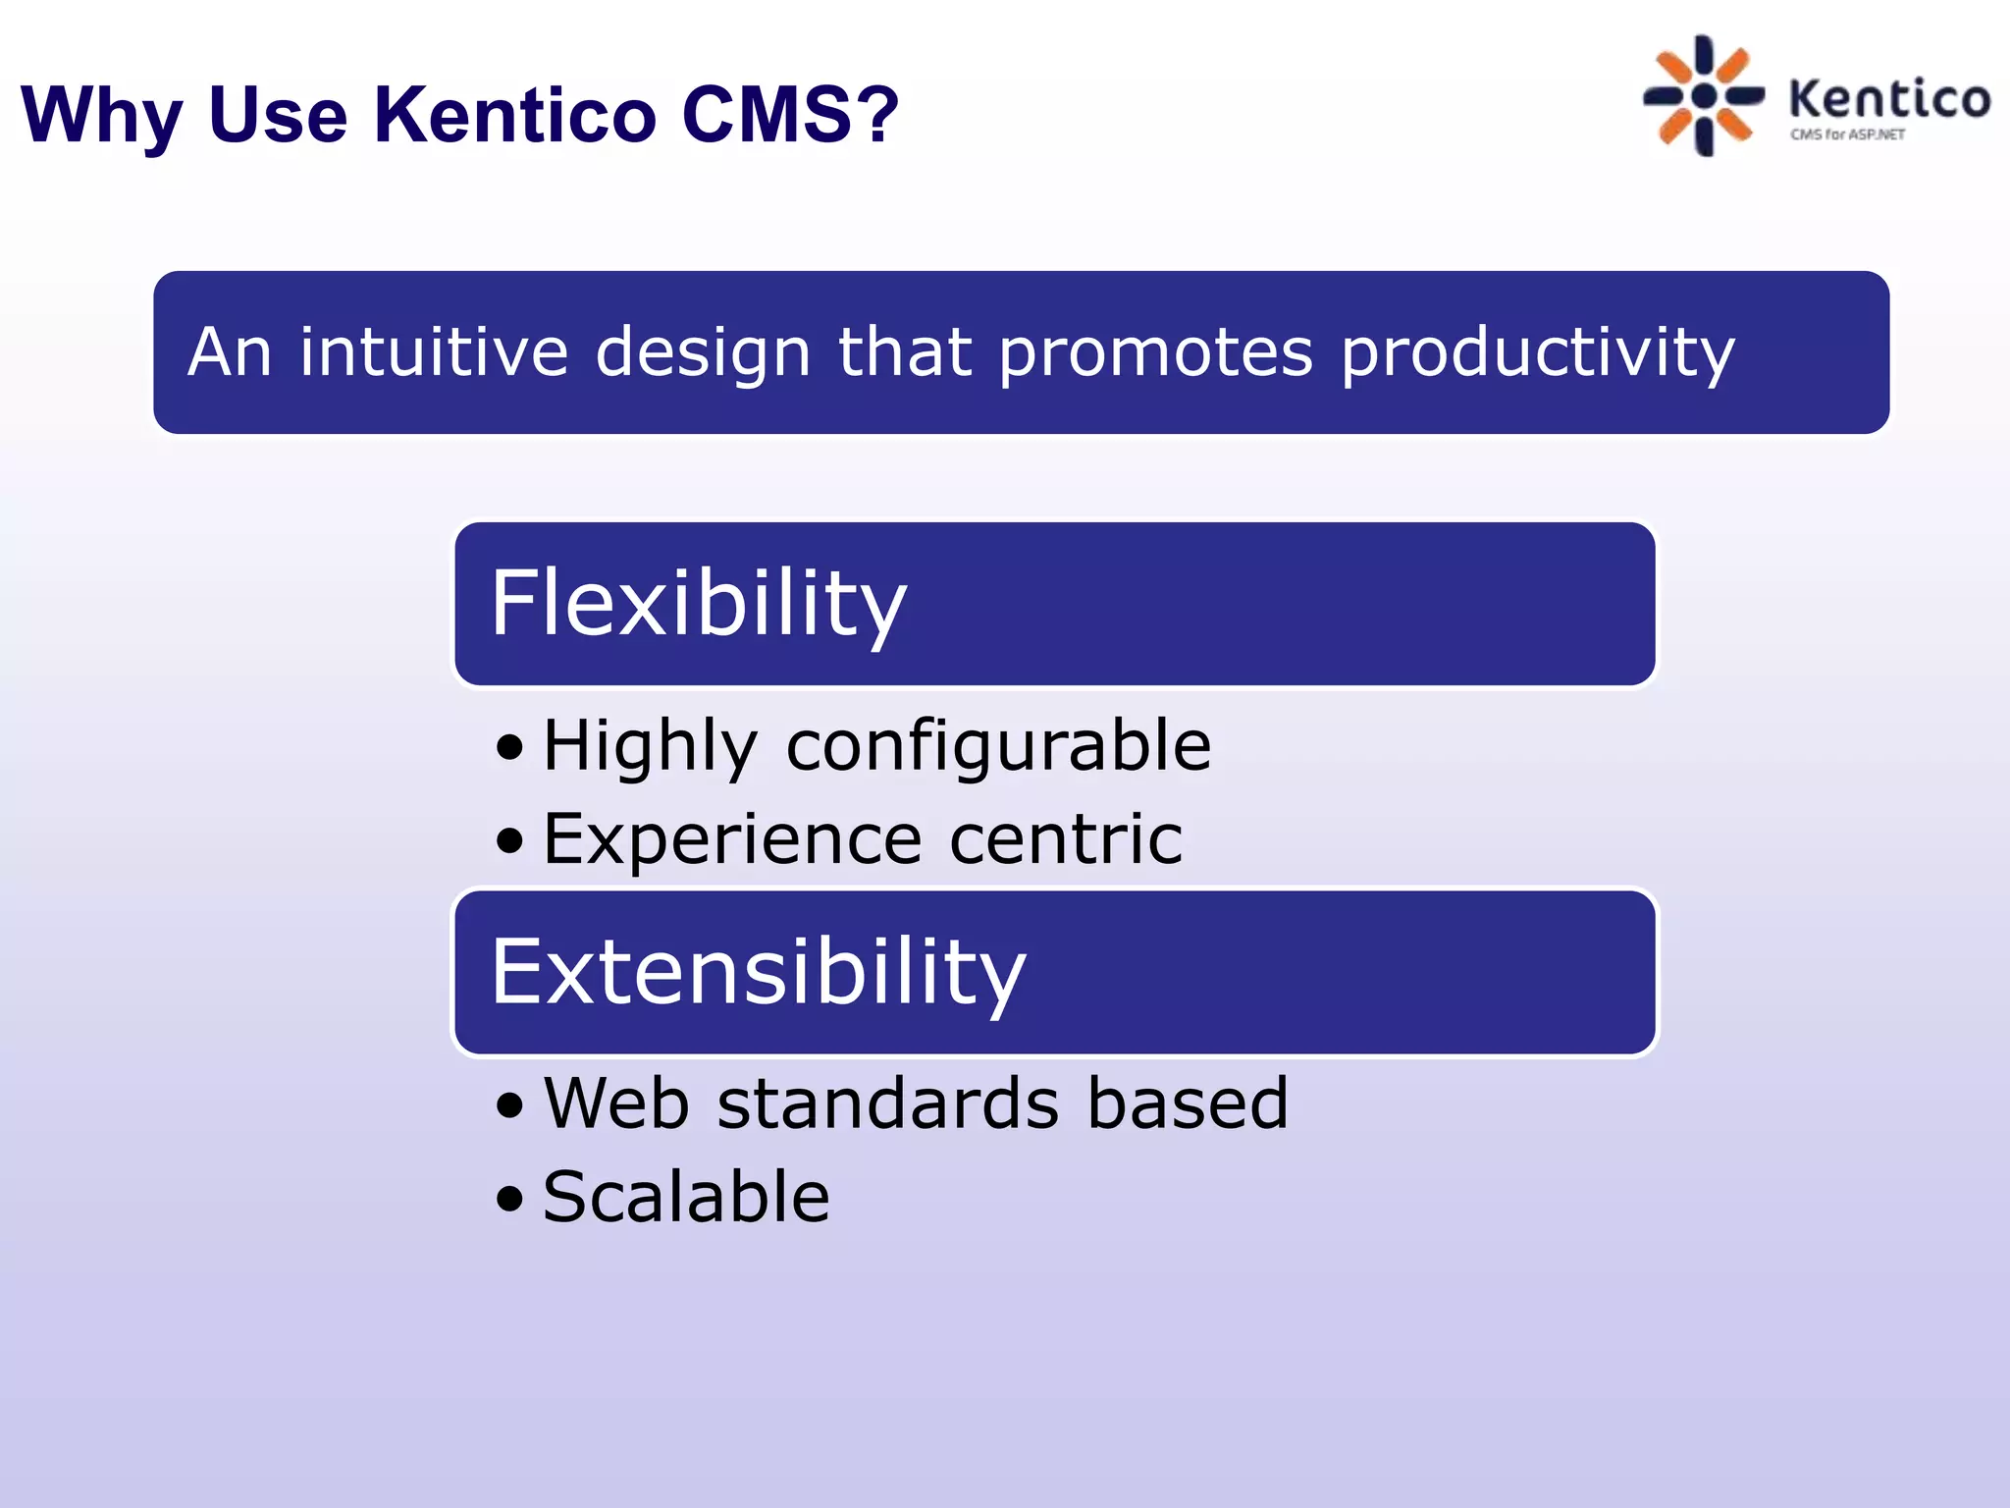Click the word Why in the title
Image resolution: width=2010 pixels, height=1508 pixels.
pyautogui.click(x=101, y=116)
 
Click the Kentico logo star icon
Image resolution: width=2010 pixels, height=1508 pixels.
pyautogui.click(x=1704, y=95)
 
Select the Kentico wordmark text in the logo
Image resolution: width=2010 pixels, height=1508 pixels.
pyautogui.click(x=1889, y=99)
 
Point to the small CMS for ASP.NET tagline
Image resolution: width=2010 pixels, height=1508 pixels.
pyautogui.click(x=1847, y=135)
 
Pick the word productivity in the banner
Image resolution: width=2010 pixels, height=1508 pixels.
pyautogui.click(x=1538, y=353)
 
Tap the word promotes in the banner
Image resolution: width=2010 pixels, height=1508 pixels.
pyautogui.click(x=1155, y=353)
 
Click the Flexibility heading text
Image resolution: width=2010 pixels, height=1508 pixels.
pyautogui.click(x=698, y=604)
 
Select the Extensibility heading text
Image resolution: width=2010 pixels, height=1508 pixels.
pyautogui.click(x=758, y=972)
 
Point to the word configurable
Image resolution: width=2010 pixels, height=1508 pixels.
pyautogui.click(x=998, y=746)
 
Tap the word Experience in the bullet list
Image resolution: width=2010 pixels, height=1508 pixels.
pyautogui.click(x=732, y=840)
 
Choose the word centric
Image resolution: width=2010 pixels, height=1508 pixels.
pyautogui.click(x=1066, y=840)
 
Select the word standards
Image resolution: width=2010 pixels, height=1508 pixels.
pyautogui.click(x=888, y=1104)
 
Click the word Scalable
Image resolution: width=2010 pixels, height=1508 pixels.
pyautogui.click(x=686, y=1197)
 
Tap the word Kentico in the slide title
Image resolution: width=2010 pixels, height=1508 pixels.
pyautogui.click(x=514, y=114)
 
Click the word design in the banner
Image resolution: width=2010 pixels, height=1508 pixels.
pyautogui.click(x=703, y=353)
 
